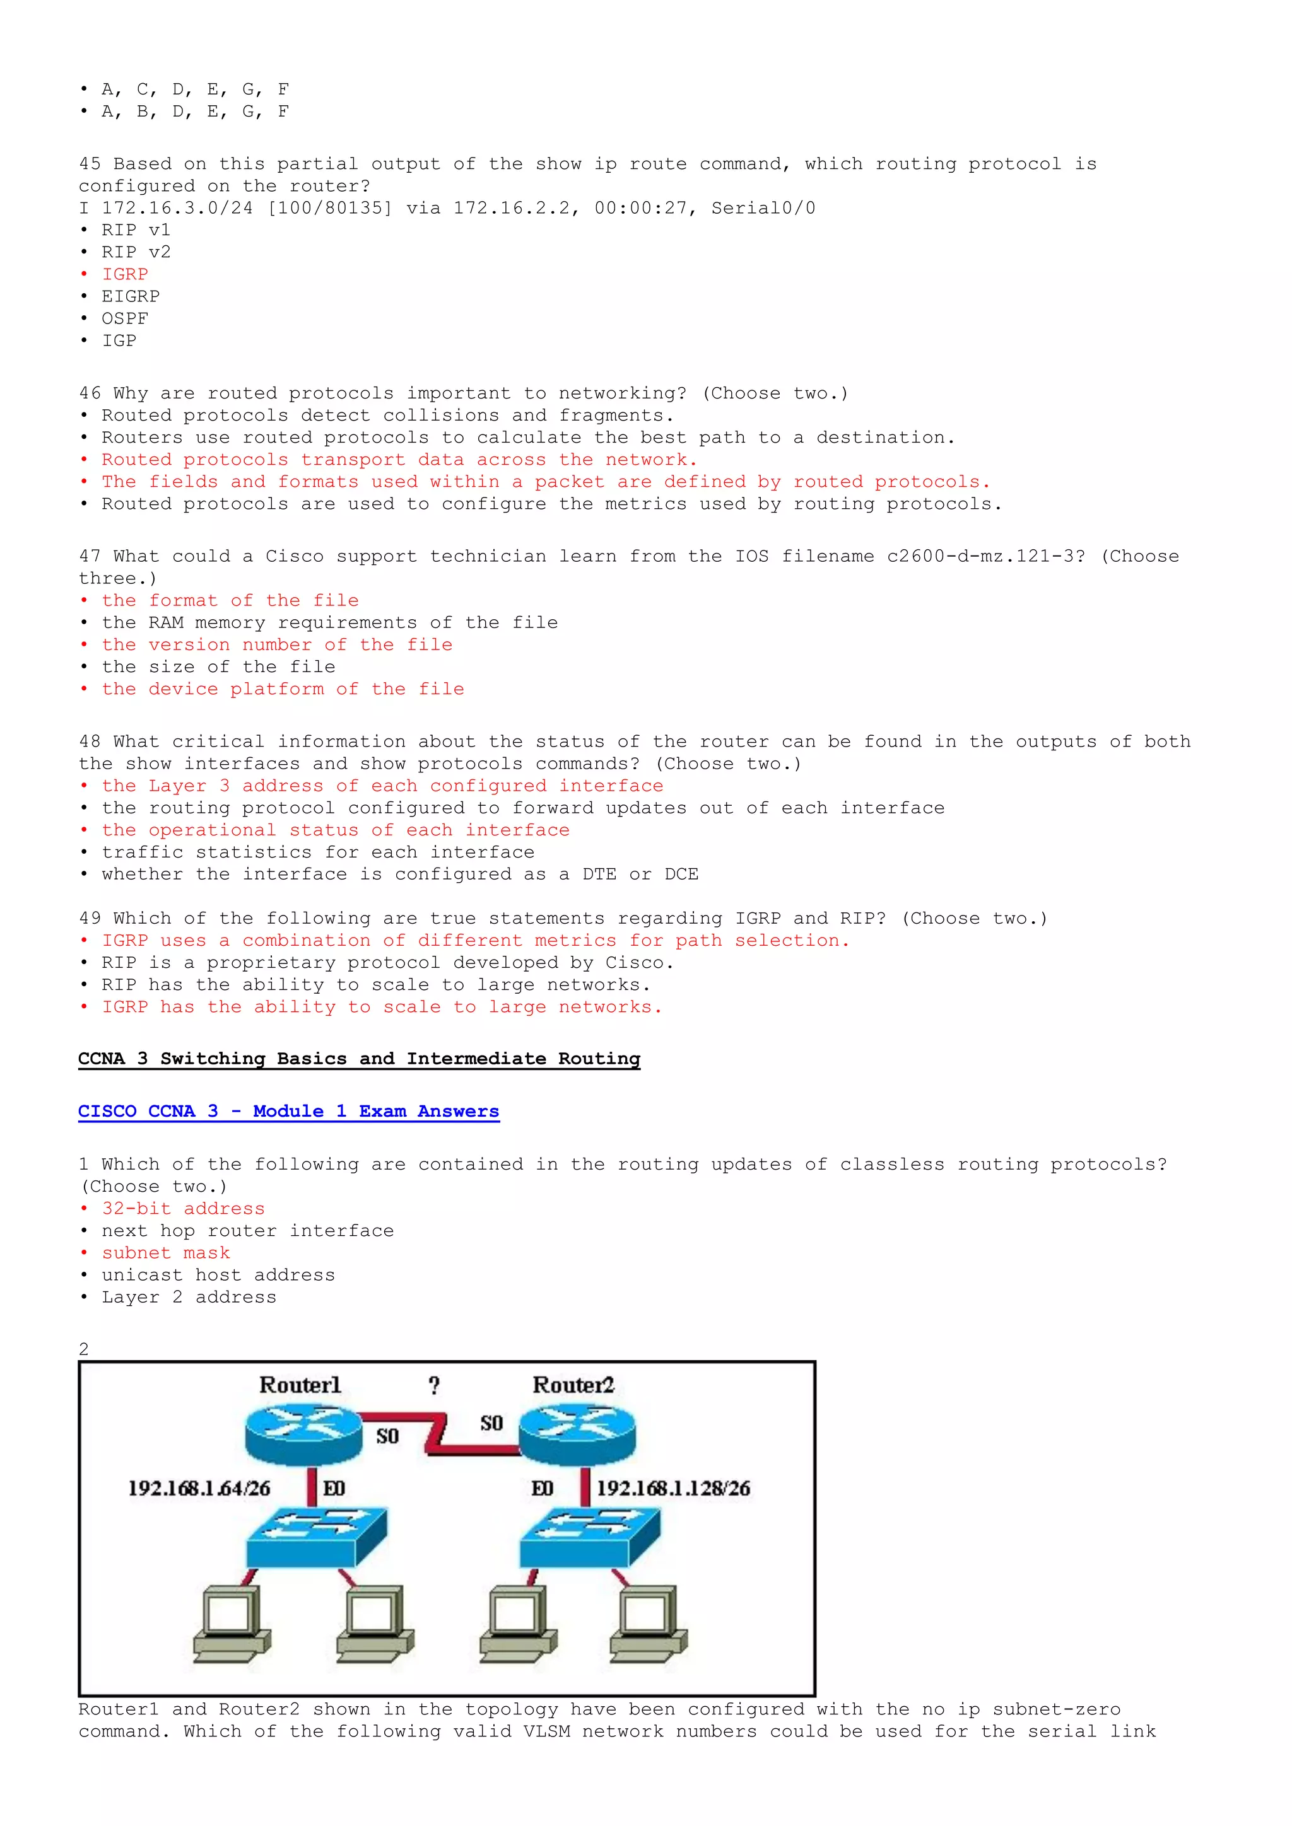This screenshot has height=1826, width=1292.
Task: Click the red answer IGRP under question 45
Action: coord(125,274)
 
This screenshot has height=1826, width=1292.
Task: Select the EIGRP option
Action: coord(131,296)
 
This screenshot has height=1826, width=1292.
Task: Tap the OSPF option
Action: coord(125,319)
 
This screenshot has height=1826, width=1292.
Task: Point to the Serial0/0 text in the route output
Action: coord(763,208)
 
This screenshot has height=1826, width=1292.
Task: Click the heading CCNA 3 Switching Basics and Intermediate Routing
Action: coord(359,1059)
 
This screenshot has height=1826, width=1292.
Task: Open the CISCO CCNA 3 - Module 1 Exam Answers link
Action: coord(288,1111)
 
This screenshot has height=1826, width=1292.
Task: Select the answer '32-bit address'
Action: coord(183,1209)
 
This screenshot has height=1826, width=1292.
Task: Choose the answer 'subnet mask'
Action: coord(165,1253)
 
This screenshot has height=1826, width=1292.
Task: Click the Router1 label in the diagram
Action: coord(300,1385)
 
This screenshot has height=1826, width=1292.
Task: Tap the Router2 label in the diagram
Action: coord(573,1385)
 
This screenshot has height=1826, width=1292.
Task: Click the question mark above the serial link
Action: coord(433,1386)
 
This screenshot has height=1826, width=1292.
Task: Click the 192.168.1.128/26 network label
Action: coord(673,1488)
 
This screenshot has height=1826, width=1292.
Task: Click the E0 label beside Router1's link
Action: coord(334,1488)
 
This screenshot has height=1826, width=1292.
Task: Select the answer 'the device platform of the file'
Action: coord(283,690)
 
